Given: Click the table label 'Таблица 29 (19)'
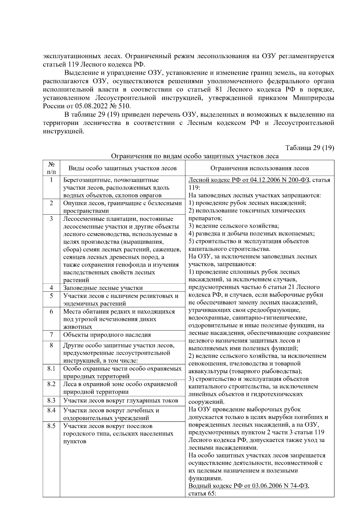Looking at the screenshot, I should (310, 148).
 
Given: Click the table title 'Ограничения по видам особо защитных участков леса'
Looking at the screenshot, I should (195, 156).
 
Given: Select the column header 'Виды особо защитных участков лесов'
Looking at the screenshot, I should (122, 168).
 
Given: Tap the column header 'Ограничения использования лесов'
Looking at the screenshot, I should (259, 168).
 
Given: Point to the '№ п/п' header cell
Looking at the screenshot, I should (51, 168).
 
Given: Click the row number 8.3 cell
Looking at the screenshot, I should (51, 400).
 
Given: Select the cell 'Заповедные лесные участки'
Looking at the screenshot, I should (103, 288).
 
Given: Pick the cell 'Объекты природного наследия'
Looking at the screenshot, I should (107, 335).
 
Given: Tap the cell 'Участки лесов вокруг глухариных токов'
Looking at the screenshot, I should (121, 400).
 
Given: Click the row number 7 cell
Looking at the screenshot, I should (51, 334).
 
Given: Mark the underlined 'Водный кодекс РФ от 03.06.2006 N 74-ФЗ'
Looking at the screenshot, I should (249, 486).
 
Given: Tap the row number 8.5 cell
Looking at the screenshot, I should (51, 426).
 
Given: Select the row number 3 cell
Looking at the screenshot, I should (51, 219).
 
